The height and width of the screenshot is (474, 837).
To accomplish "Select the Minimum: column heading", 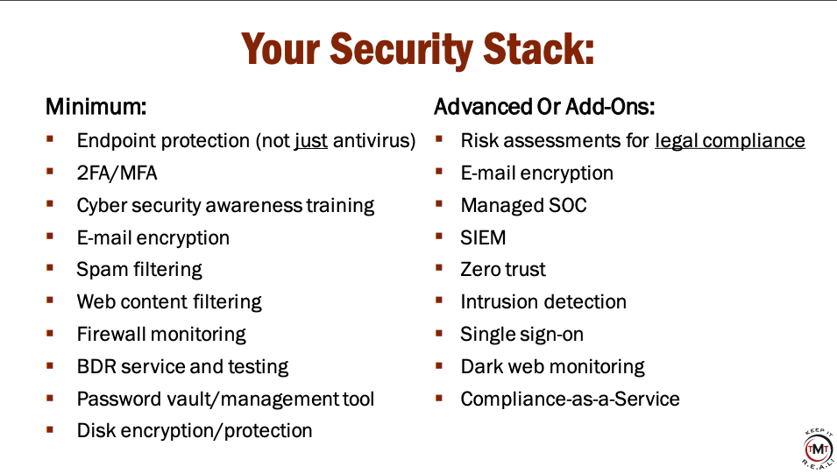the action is (x=96, y=107).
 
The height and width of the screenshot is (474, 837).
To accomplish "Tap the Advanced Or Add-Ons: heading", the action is (x=544, y=107).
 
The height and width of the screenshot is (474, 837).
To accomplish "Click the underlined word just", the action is (x=310, y=141).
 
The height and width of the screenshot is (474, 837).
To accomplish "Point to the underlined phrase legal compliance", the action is (x=730, y=141).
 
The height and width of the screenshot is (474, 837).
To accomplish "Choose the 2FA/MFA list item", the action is (x=117, y=173).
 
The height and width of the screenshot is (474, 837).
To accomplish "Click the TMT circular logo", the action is (x=817, y=449).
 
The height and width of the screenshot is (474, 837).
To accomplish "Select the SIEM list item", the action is (x=483, y=237).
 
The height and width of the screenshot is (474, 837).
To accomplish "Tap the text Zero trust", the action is (x=503, y=270).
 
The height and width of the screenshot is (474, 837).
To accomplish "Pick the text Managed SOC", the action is (x=523, y=206).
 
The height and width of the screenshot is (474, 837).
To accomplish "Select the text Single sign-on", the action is (x=522, y=335).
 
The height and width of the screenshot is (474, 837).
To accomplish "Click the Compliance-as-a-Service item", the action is (x=570, y=400).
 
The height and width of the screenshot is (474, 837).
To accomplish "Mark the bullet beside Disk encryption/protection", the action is (x=50, y=429).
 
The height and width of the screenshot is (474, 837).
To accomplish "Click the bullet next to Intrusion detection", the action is (x=439, y=300).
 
